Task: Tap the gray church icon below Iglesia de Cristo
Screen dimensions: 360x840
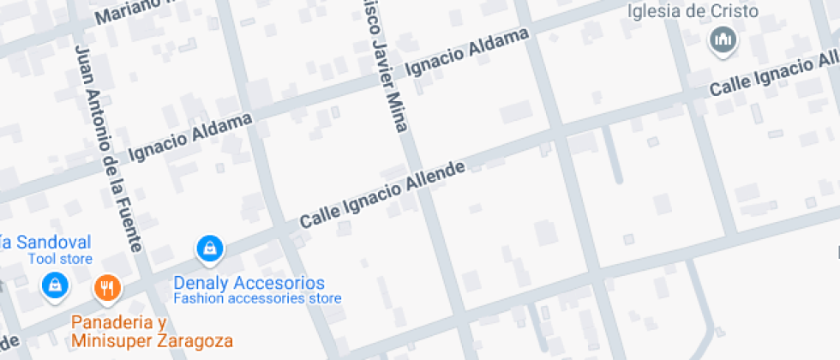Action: click(x=723, y=39)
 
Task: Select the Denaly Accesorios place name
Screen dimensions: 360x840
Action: click(x=249, y=283)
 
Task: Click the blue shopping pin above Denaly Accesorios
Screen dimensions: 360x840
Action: click(x=209, y=249)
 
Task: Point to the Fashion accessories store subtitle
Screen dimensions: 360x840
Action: click(x=257, y=299)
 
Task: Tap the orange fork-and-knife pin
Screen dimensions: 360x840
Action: click(x=107, y=289)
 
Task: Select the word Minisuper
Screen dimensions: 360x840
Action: click(x=111, y=340)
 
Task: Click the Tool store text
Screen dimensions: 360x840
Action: click(x=60, y=258)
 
